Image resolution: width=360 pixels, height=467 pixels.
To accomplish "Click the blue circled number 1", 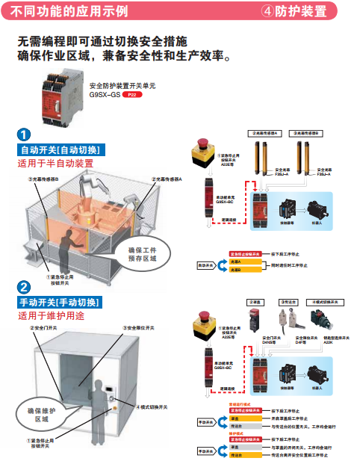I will click(x=25, y=135).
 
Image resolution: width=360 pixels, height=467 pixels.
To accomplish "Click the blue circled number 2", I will click(x=25, y=288).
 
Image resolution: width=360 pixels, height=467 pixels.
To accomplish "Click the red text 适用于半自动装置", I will click(x=56, y=163).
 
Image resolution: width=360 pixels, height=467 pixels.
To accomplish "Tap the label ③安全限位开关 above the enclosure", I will click(x=140, y=328).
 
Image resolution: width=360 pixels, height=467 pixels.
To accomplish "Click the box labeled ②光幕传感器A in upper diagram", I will click(x=268, y=132).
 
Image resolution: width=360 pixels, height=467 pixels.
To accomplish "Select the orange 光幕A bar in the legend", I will click(x=244, y=262).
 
